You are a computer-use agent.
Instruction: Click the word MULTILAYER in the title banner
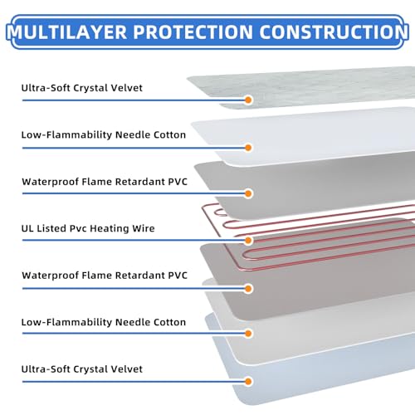tap(67, 32)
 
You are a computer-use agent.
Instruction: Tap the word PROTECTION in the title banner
tap(193, 32)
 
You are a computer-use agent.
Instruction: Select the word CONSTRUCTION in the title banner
tap(334, 32)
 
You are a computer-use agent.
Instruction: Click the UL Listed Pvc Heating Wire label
tap(88, 228)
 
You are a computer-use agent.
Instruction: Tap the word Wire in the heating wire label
tap(144, 228)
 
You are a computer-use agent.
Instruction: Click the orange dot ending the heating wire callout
tap(248, 241)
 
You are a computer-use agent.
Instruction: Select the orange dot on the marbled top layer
tap(248, 100)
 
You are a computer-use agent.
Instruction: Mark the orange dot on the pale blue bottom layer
tap(248, 382)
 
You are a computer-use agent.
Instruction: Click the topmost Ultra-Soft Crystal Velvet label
tap(82, 88)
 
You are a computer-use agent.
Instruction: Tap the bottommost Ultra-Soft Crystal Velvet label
tap(82, 369)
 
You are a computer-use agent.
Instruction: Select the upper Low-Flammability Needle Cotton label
tap(104, 135)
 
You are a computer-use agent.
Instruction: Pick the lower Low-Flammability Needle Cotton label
tap(104, 322)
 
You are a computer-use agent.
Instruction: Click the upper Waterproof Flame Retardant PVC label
tap(105, 182)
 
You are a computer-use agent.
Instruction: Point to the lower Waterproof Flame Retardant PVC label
tap(105, 276)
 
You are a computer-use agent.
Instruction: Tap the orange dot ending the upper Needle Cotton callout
tap(248, 148)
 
